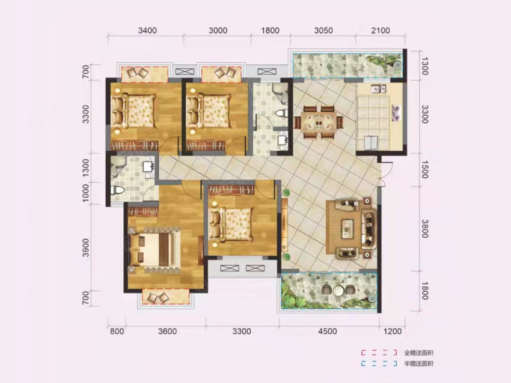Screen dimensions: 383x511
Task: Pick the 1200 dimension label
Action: point(391,331)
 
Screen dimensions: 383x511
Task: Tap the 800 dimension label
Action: point(117,331)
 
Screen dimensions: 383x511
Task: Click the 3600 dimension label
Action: point(167,331)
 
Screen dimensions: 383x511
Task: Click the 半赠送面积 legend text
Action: point(418,364)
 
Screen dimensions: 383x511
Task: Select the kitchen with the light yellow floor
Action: point(381,118)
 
